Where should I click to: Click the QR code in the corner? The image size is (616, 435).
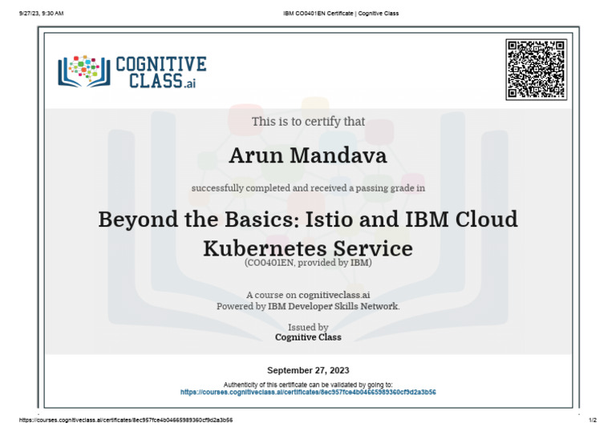pos(536,69)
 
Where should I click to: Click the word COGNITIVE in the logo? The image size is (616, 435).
pos(161,64)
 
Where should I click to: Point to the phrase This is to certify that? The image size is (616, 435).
pos(308,122)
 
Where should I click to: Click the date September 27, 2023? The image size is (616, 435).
pos(308,370)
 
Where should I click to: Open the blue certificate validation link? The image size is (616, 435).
pos(308,393)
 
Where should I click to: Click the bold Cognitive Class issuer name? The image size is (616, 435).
pos(308,337)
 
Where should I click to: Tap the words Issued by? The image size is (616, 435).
pos(308,327)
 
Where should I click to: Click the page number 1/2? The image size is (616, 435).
pos(594,420)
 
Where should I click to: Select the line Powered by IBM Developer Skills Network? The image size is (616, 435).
pos(308,306)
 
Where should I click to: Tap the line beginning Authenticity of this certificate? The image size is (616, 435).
pos(308,385)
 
